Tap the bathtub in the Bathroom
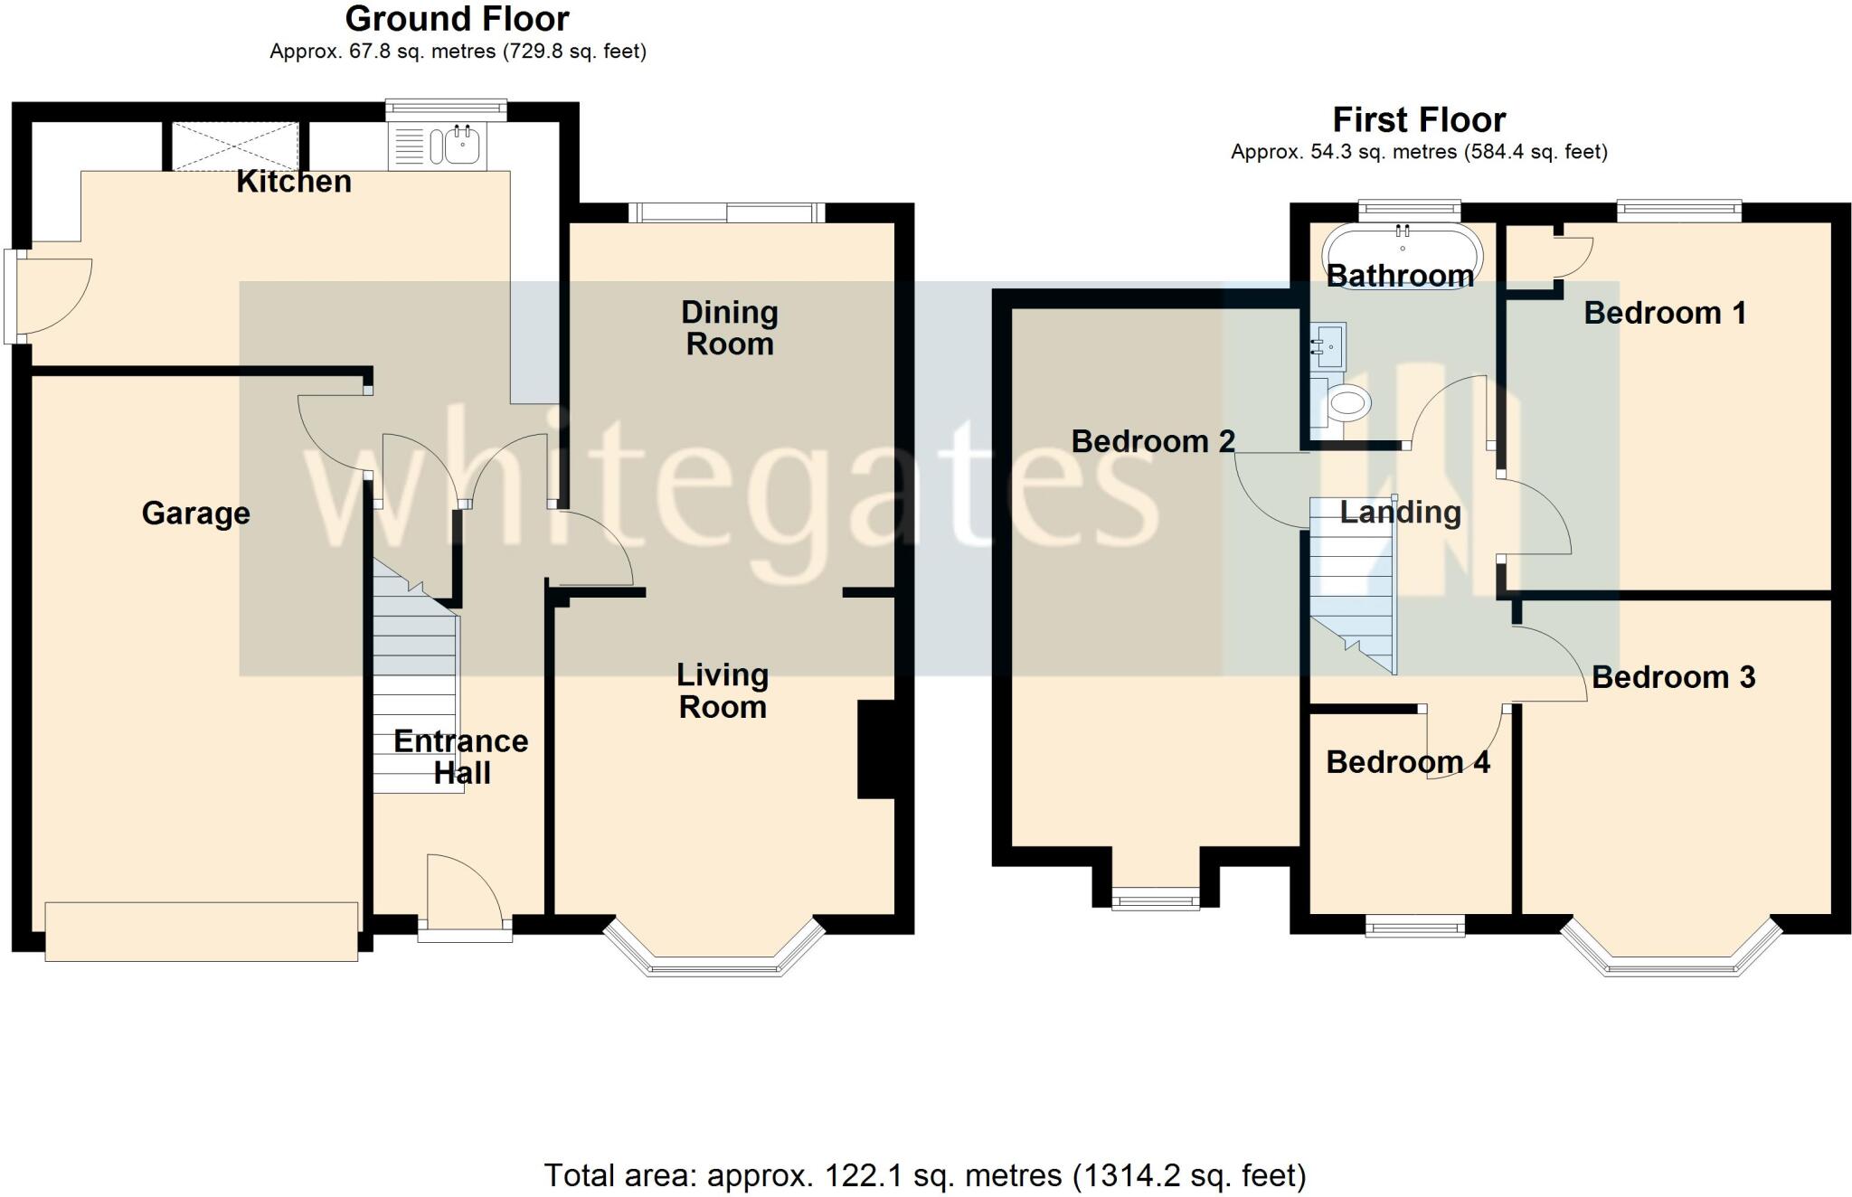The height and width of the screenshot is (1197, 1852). coord(1402,255)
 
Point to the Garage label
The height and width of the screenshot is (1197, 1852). coord(195,514)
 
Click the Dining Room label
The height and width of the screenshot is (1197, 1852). coord(729,328)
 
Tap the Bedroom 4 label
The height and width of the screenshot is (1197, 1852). coord(1407,762)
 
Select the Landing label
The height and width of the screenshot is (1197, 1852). coord(1400,513)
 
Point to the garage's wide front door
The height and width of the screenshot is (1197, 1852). coord(201,931)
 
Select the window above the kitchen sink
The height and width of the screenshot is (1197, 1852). coord(445,109)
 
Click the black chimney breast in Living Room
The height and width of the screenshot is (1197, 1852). coord(874,749)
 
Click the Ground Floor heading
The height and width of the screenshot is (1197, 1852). coord(457,19)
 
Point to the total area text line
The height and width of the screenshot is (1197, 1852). coord(924,1175)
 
